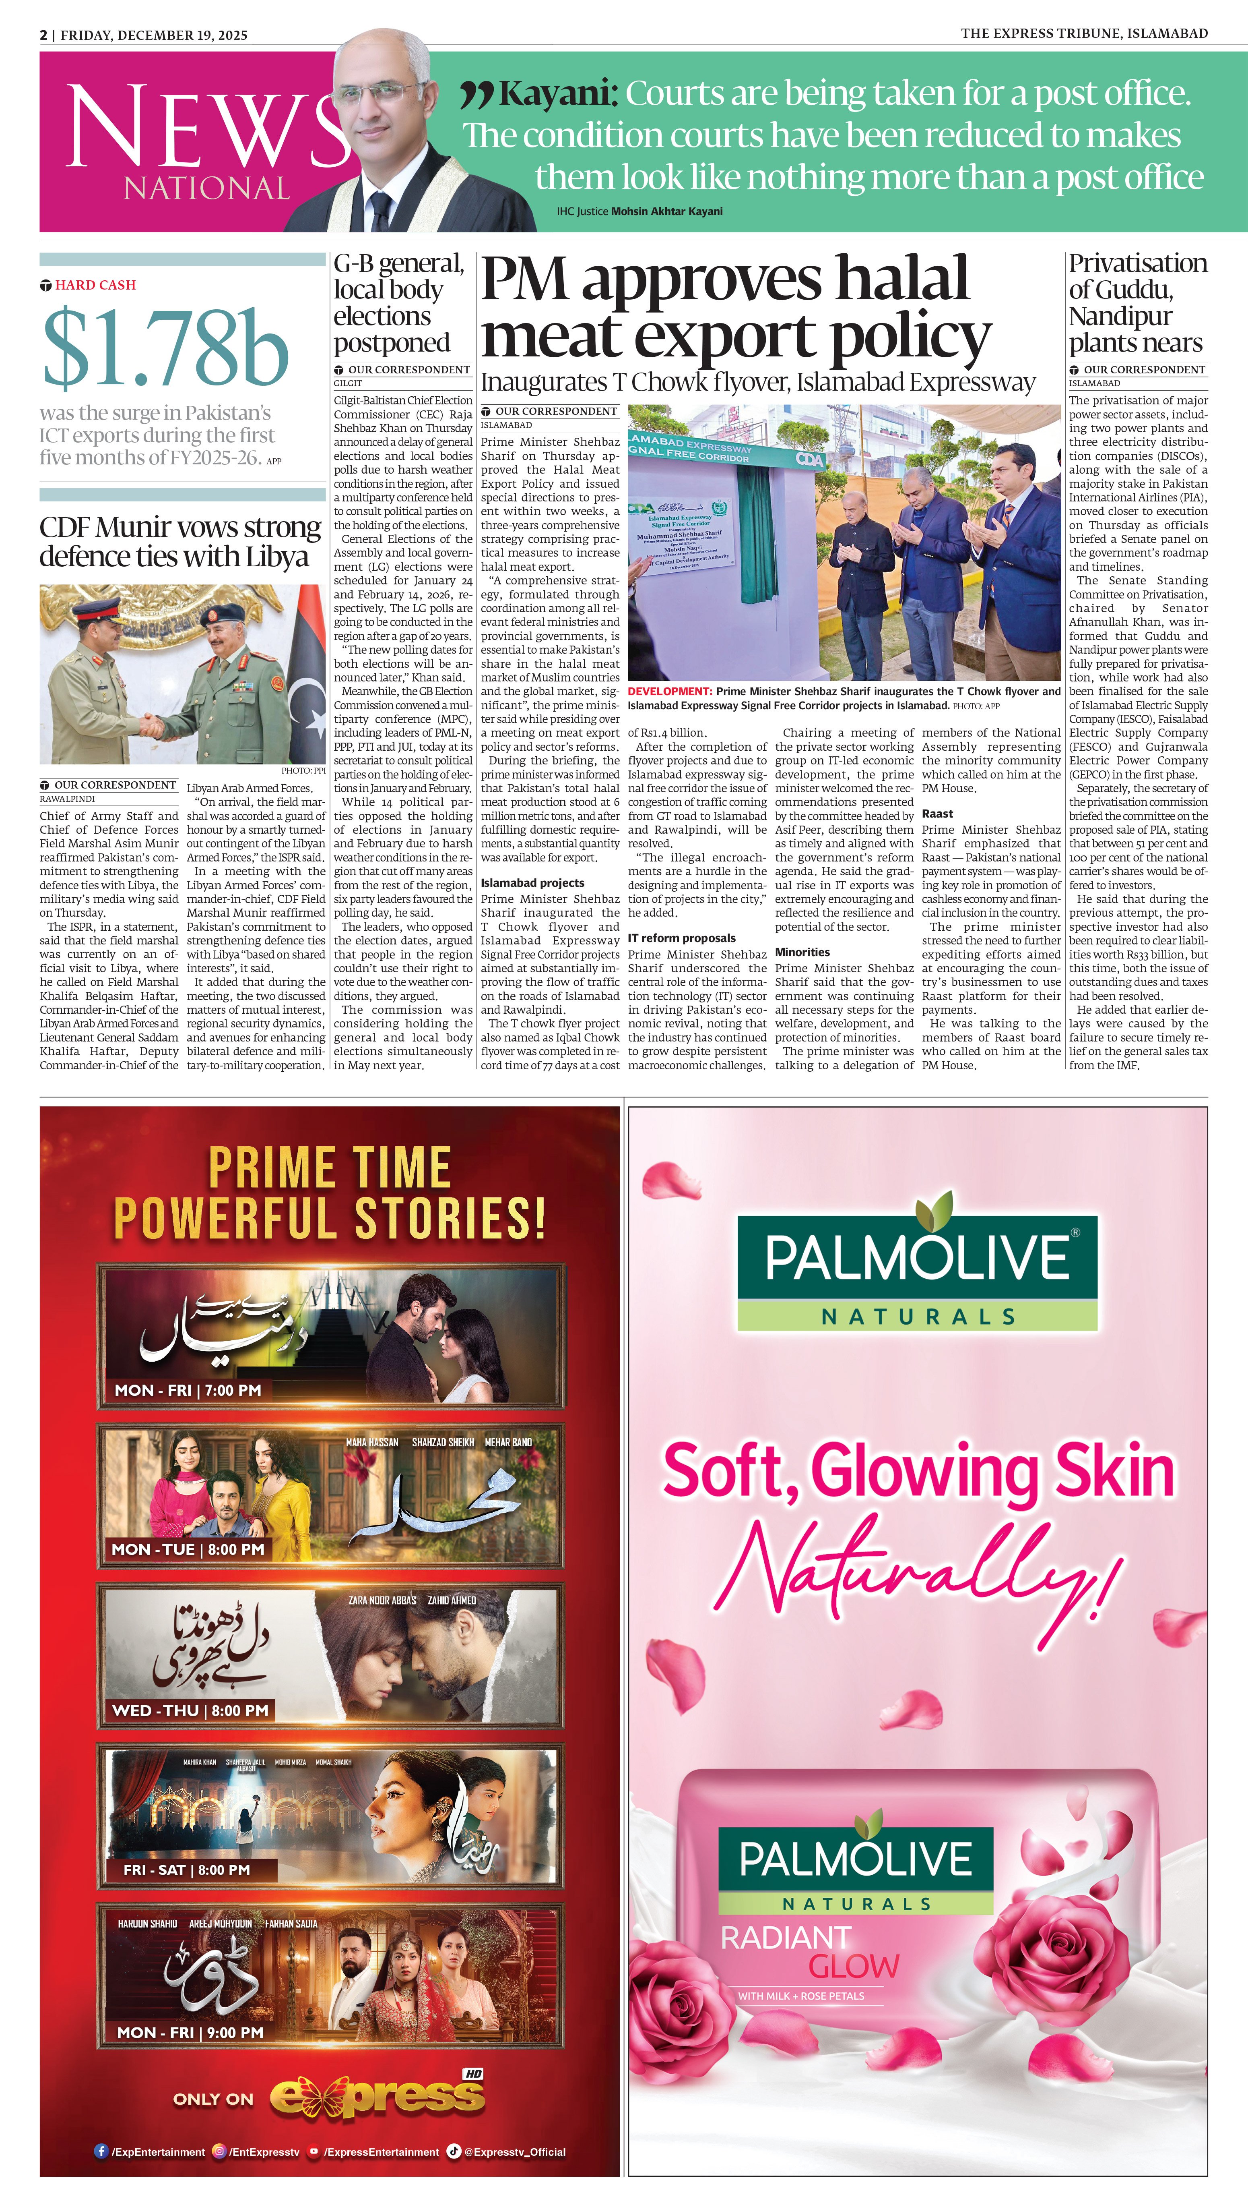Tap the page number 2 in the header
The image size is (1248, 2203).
pyautogui.click(x=43, y=35)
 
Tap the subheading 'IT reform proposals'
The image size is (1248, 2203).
pyautogui.click(x=681, y=938)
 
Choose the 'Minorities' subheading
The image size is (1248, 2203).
pyautogui.click(x=802, y=952)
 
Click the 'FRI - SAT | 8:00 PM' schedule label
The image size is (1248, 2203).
pyautogui.click(x=187, y=1870)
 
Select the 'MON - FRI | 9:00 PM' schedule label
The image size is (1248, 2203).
pyautogui.click(x=190, y=2032)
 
